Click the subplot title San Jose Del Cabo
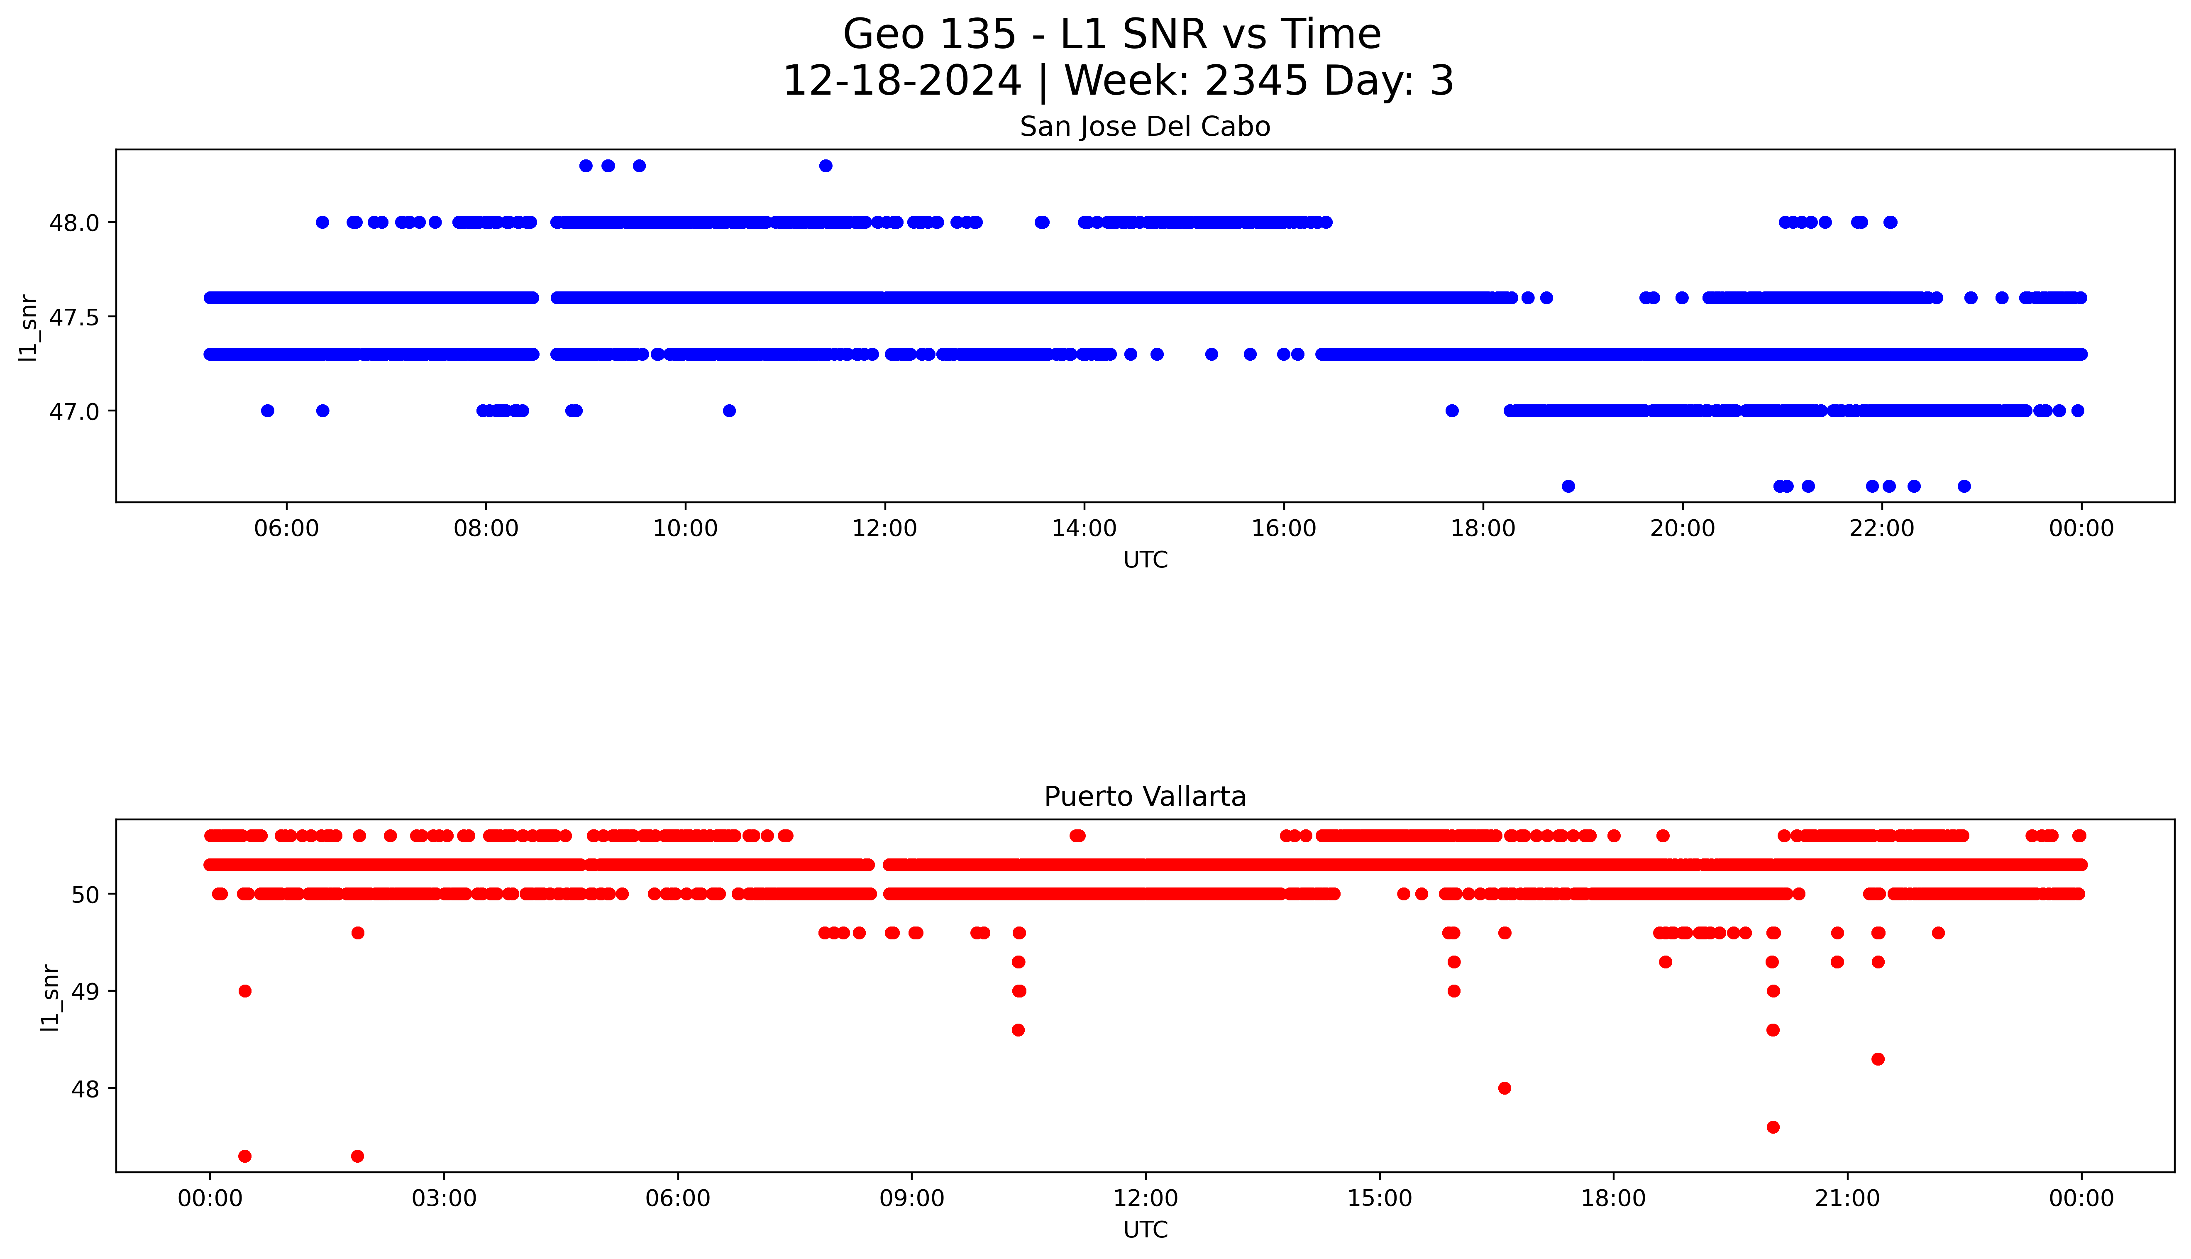click(1144, 127)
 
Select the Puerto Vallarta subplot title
click(1144, 797)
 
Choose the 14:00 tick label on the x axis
click(1084, 528)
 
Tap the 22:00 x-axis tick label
click(1881, 528)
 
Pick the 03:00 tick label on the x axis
click(443, 1198)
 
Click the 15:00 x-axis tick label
click(1380, 1198)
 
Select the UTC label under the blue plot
click(1144, 560)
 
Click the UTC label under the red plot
click(1144, 1230)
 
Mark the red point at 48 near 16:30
click(1504, 1088)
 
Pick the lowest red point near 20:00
click(1773, 1127)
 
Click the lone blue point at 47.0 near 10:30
click(729, 411)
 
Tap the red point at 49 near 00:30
click(244, 991)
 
